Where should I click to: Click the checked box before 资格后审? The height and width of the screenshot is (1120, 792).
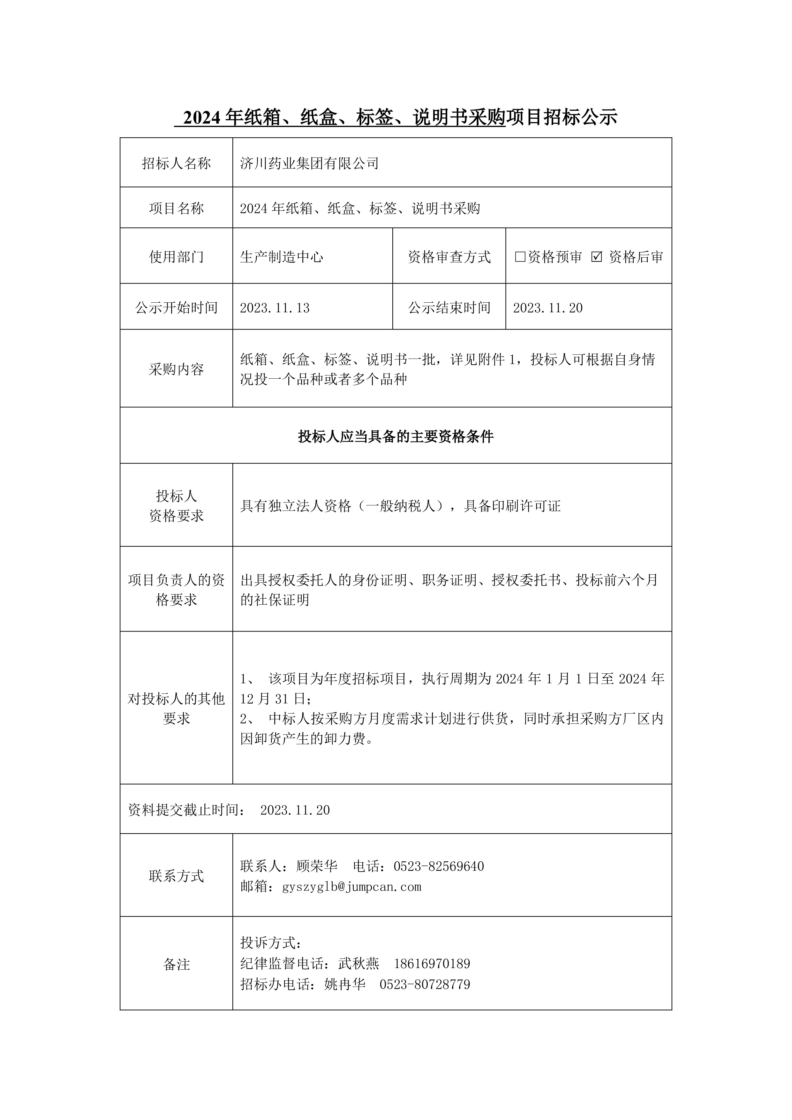click(596, 257)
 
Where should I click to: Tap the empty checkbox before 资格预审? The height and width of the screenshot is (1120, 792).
click(520, 257)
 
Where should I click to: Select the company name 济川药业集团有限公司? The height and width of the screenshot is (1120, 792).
click(309, 163)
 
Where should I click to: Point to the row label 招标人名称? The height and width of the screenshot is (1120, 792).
click(176, 163)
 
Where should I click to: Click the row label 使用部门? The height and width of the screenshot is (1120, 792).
click(176, 257)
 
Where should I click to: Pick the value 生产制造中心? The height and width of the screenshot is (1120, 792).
click(281, 257)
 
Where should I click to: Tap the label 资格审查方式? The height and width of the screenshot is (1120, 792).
click(449, 257)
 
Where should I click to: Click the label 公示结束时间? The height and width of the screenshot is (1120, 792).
click(449, 308)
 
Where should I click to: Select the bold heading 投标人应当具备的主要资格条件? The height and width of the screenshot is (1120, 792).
click(396, 436)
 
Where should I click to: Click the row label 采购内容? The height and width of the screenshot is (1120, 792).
click(176, 369)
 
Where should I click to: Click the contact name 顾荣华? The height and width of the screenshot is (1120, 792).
click(317, 866)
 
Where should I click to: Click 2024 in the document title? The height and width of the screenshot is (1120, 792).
click(201, 117)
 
